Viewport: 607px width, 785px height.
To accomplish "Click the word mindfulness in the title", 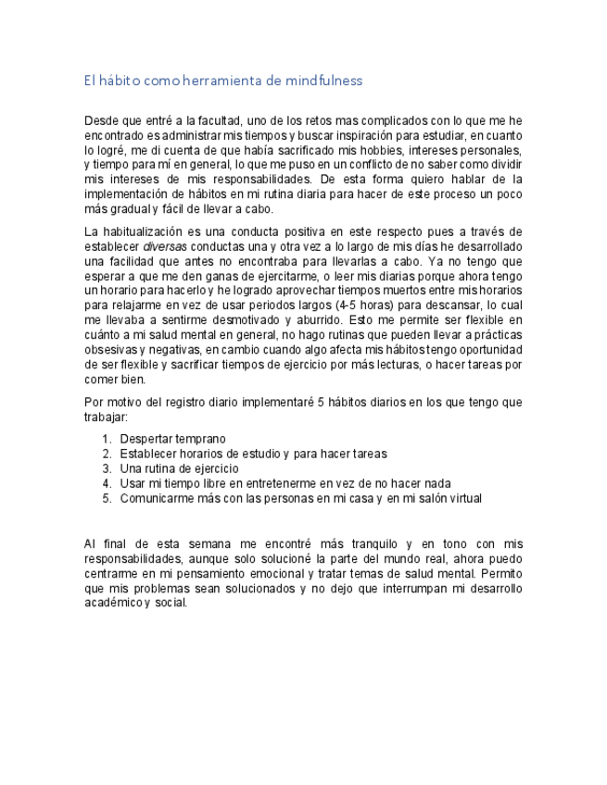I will tap(323, 81).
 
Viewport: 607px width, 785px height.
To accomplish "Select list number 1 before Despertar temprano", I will tap(107, 439).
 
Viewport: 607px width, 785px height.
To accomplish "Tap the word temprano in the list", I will tap(200, 439).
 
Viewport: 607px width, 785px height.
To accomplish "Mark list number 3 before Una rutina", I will tap(107, 468).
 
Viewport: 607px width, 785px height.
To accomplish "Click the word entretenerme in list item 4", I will tap(284, 483).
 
